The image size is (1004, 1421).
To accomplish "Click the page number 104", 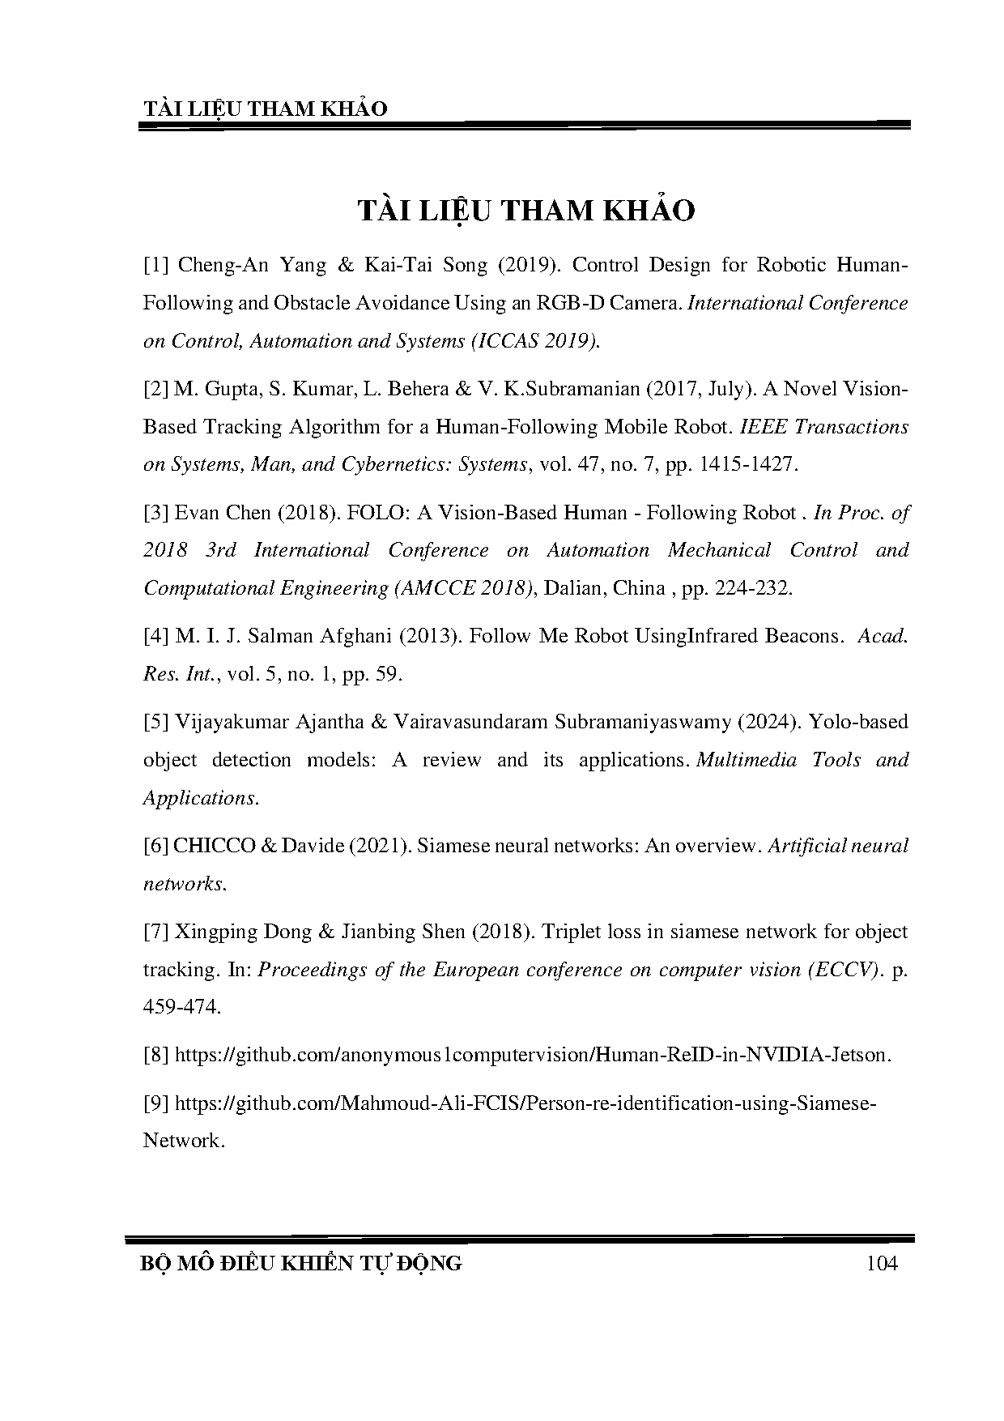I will tap(882, 1263).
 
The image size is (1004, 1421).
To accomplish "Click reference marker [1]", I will tap(156, 265).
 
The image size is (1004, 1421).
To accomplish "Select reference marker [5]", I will tap(156, 721).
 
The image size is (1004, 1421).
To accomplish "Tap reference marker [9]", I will tap(156, 1103).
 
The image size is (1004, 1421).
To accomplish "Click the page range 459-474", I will tap(182, 1007).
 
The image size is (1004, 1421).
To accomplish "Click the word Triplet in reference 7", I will tap(572, 932).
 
